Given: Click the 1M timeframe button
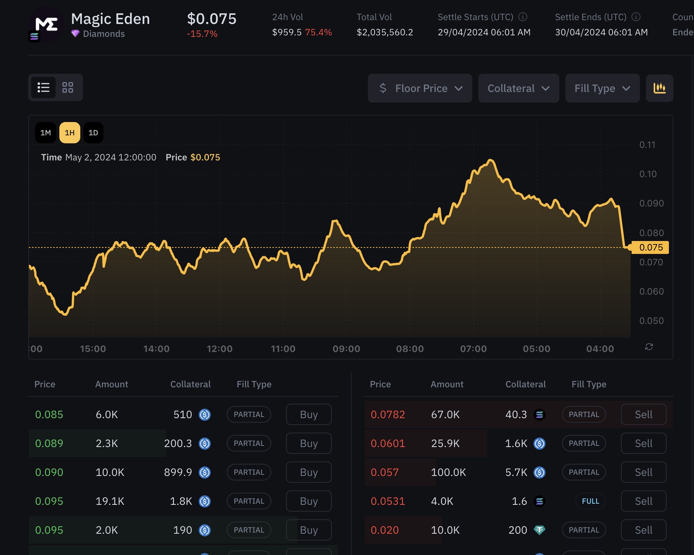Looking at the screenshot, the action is tap(46, 133).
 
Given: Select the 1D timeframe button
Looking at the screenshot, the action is tap(93, 133).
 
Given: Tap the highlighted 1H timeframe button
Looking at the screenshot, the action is tap(70, 133).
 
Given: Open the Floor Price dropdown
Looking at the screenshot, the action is tap(420, 88).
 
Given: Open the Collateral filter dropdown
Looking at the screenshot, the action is tap(519, 88).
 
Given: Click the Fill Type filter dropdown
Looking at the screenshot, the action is tap(602, 88).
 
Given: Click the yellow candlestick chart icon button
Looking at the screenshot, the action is tap(660, 88).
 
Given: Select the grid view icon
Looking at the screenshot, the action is tap(68, 87).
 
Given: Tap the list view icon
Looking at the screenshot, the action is tap(43, 87).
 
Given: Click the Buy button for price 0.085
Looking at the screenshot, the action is tap(309, 414).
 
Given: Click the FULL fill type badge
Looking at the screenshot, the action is tap(591, 501).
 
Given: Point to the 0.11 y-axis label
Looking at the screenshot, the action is tap(647, 145).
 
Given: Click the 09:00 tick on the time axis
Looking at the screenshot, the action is tap(346, 349).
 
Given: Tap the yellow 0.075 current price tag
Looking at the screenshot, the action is tap(650, 247).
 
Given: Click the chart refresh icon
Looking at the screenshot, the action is tap(649, 347).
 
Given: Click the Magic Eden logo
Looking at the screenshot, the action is tap(46, 24).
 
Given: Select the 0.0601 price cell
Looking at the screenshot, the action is tap(388, 443).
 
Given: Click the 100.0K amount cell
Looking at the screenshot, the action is tap(448, 472).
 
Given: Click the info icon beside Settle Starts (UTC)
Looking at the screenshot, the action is tap(523, 17).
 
